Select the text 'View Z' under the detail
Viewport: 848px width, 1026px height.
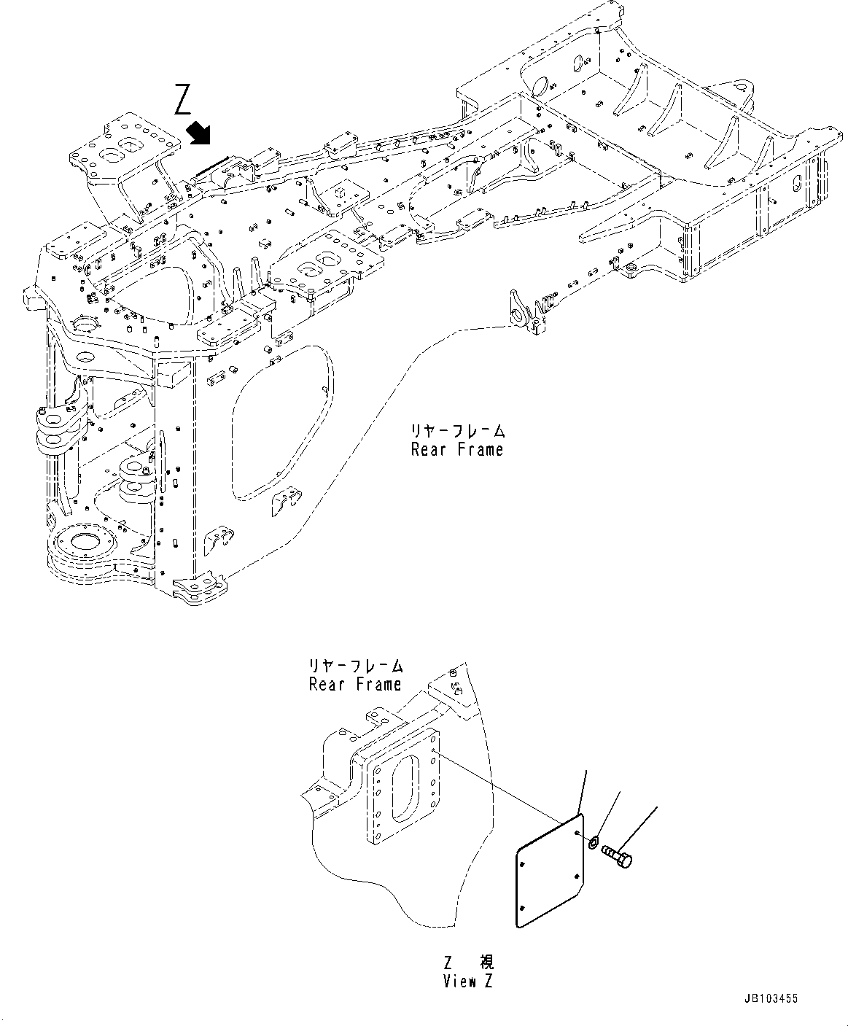click(467, 982)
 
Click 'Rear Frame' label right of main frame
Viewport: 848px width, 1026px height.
click(456, 450)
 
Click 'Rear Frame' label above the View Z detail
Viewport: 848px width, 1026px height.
click(354, 685)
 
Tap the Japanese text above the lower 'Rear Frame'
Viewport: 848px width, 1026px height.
click(355, 666)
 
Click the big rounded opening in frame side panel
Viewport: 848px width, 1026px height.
click(281, 423)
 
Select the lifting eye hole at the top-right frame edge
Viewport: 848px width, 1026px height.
click(747, 88)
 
